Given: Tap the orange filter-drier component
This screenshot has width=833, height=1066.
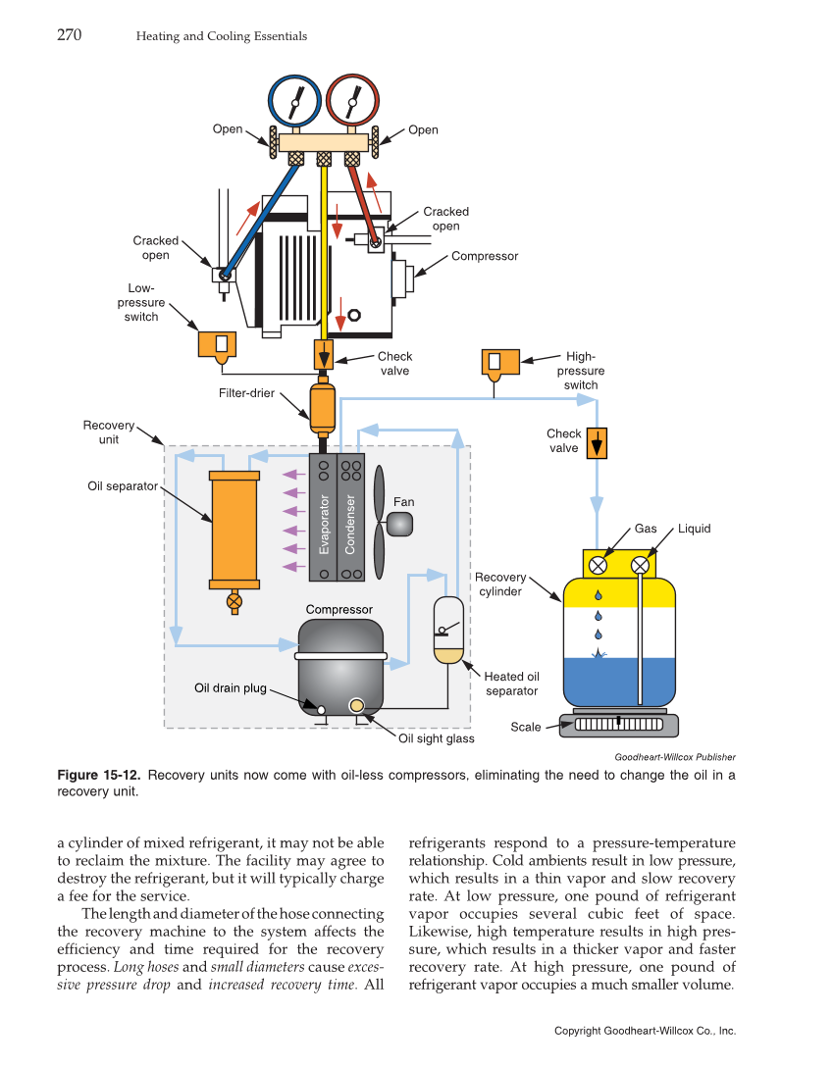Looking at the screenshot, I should (323, 407).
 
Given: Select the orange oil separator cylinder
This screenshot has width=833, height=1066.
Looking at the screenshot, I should (234, 530).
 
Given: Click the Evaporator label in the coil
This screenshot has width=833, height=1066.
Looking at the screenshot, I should (324, 525).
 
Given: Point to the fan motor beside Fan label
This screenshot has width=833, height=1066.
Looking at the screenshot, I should (400, 525).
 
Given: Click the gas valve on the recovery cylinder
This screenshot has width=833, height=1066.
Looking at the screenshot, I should (598, 565).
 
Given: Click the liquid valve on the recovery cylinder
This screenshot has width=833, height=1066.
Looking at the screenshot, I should (641, 565).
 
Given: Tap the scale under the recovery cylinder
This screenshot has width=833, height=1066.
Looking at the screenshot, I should (618, 725).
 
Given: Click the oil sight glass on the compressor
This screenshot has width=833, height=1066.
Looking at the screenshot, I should (356, 706).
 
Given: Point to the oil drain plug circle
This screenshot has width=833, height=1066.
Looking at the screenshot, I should (321, 708).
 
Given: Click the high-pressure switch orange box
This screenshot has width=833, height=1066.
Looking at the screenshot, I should (494, 362).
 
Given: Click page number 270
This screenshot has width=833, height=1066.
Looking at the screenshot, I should (69, 36).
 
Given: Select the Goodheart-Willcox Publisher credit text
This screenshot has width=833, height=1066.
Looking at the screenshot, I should (675, 756).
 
